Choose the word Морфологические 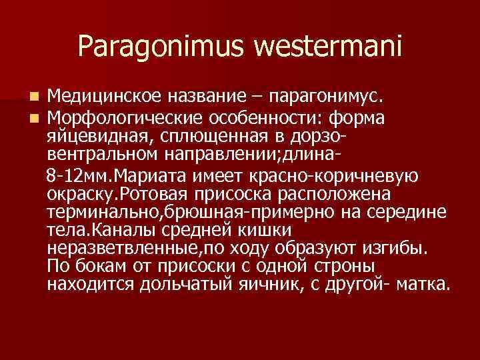tap(119, 118)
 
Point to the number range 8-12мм tap(73, 175)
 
